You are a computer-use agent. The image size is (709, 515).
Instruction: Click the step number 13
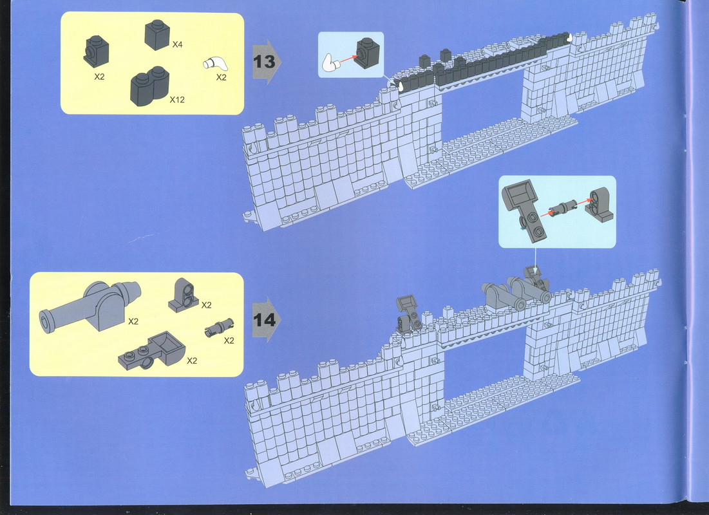tap(264, 62)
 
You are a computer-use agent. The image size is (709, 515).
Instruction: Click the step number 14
tap(265, 320)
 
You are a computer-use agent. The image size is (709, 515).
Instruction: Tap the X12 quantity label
tap(177, 100)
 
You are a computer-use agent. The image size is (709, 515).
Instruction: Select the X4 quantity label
tap(177, 44)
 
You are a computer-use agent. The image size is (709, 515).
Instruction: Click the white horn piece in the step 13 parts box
tap(215, 64)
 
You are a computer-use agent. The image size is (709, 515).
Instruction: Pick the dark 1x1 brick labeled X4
tap(157, 35)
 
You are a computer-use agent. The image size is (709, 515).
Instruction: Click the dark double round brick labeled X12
tap(149, 86)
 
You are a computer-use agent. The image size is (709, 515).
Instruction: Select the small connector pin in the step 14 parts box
tap(220, 328)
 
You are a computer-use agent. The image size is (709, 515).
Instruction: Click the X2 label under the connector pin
tap(229, 341)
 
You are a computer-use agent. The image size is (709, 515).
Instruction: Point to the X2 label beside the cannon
tap(133, 321)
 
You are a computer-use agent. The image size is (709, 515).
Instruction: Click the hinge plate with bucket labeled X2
tap(151, 351)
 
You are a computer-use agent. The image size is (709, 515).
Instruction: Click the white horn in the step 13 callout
tap(330, 63)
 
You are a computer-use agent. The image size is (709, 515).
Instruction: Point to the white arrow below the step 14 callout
tap(535, 261)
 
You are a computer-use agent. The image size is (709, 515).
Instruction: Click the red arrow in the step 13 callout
tap(347, 59)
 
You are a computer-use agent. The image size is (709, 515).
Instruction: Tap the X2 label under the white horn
tap(221, 77)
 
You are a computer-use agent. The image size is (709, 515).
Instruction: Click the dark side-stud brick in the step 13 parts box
tap(97, 51)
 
